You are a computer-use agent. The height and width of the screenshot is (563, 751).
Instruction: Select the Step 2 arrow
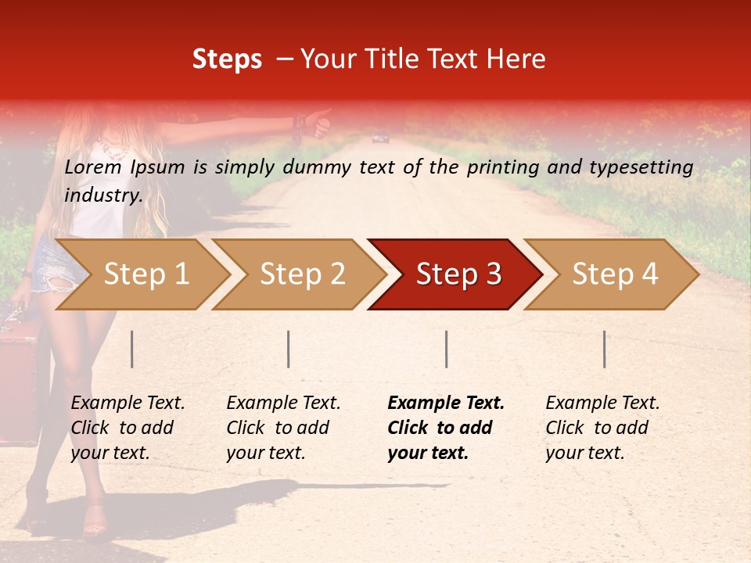302,274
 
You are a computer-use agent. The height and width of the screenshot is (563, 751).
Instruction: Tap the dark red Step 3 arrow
458,274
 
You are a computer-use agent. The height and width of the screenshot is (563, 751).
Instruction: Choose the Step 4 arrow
615,274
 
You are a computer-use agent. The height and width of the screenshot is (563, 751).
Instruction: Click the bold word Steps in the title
227,59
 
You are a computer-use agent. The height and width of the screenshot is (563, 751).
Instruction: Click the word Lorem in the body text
92,167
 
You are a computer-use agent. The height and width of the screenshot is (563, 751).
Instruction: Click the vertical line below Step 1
132,349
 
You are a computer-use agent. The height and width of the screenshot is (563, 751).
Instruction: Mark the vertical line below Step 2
289,349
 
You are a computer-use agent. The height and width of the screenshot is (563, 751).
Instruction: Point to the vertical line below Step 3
447,349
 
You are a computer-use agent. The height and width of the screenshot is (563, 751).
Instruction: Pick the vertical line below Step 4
605,349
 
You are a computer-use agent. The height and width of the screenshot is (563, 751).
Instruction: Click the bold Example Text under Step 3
446,403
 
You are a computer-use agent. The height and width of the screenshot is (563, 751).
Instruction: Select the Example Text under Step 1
128,403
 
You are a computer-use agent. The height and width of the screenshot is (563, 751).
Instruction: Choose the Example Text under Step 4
602,403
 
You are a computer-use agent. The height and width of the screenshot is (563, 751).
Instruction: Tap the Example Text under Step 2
283,403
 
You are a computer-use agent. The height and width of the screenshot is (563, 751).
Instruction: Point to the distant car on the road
381,138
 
